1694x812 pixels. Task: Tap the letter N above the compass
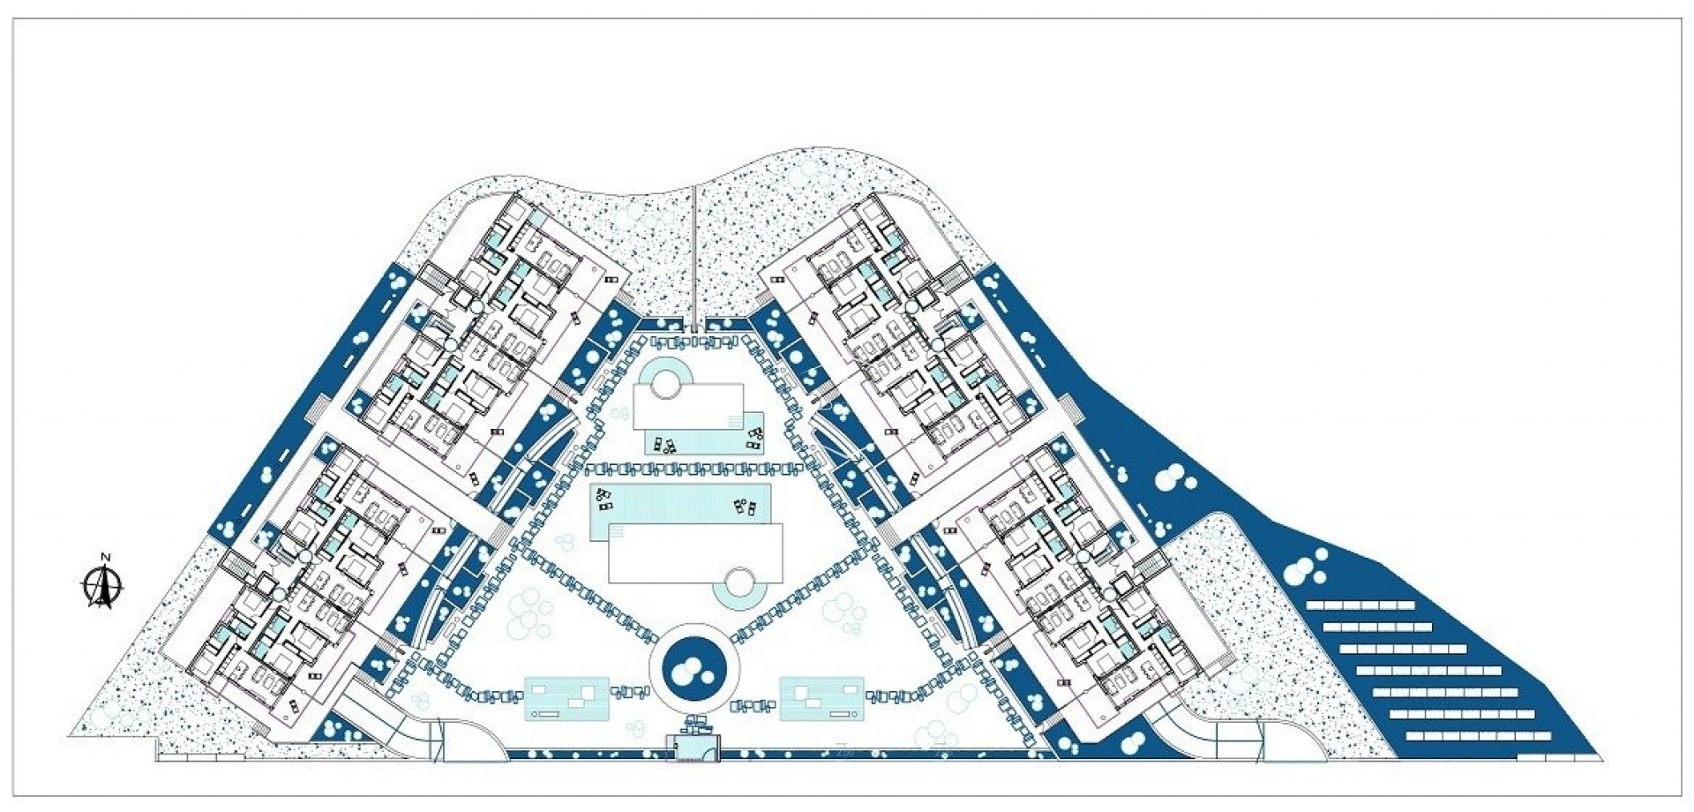tap(105, 557)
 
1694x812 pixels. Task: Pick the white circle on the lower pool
tap(738, 583)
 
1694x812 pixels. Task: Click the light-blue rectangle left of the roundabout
tap(566, 698)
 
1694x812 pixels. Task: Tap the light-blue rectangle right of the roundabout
tap(821, 698)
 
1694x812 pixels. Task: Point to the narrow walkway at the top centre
tap(694, 256)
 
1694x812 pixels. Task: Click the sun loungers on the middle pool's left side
tap(606, 500)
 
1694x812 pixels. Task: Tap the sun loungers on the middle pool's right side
tap(746, 507)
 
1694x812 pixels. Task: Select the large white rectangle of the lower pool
tap(695, 553)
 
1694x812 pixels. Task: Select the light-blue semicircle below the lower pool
tap(738, 601)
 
